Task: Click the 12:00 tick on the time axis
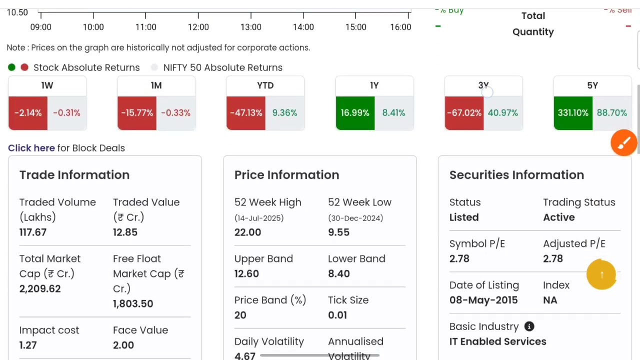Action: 198,27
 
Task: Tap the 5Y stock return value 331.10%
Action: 573,113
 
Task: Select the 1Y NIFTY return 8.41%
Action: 393,113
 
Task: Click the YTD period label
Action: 265,85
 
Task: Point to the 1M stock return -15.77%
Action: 136,113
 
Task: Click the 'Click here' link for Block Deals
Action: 31,148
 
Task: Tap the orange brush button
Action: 623,143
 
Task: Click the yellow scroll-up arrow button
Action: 601,274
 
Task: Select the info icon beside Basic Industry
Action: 529,326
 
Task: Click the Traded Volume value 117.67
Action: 33,232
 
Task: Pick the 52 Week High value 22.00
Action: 247,232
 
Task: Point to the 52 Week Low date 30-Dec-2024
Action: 355,218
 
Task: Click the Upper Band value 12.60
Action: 246,273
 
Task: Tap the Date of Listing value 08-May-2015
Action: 483,300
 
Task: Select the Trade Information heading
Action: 74,175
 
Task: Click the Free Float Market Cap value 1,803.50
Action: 133,303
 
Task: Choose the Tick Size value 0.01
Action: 337,315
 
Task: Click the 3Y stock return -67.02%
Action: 464,113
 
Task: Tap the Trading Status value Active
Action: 558,217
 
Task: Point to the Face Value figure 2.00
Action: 123,345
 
